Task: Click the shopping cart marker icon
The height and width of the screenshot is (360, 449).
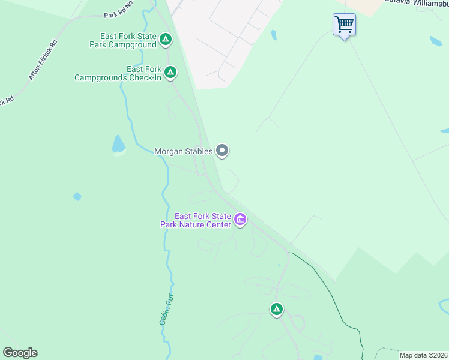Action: pyautogui.click(x=344, y=25)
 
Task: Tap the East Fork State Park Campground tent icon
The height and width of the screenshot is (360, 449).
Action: pyautogui.click(x=166, y=40)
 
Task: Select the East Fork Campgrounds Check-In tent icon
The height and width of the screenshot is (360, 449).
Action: pyautogui.click(x=170, y=73)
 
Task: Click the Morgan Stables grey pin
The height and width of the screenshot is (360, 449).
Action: pyautogui.click(x=222, y=151)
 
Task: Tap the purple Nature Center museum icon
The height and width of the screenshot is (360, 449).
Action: pyautogui.click(x=240, y=220)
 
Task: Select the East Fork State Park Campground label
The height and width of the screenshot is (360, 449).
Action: pyautogui.click(x=123, y=40)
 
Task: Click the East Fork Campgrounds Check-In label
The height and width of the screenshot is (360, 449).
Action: pyautogui.click(x=118, y=73)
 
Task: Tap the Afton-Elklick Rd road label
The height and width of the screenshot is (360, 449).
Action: pyautogui.click(x=43, y=61)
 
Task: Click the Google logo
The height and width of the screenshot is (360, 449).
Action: pyautogui.click(x=20, y=353)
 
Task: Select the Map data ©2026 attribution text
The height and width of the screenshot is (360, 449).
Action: pyautogui.click(x=423, y=355)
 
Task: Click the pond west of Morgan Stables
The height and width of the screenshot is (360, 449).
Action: pyautogui.click(x=118, y=144)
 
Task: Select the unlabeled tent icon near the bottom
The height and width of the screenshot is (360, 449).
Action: pyautogui.click(x=276, y=310)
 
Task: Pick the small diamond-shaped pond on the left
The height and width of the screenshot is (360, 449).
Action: pyautogui.click(x=77, y=196)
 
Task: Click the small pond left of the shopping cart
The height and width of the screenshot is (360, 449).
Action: pyautogui.click(x=274, y=35)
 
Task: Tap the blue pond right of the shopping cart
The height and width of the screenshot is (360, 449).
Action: pyautogui.click(x=435, y=41)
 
